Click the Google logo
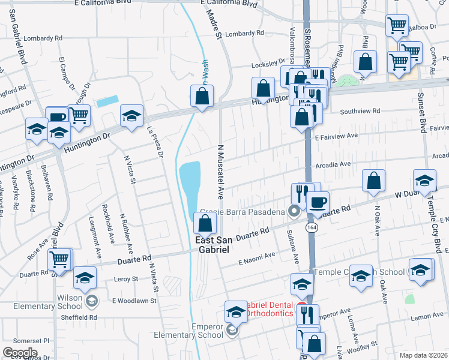(x=20, y=352)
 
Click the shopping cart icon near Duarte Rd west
(x=59, y=260)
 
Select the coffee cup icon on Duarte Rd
(x=318, y=201)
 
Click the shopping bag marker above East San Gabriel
(x=205, y=224)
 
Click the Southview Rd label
(x=360, y=111)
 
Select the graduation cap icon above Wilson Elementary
(x=85, y=278)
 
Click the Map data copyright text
(x=424, y=355)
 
